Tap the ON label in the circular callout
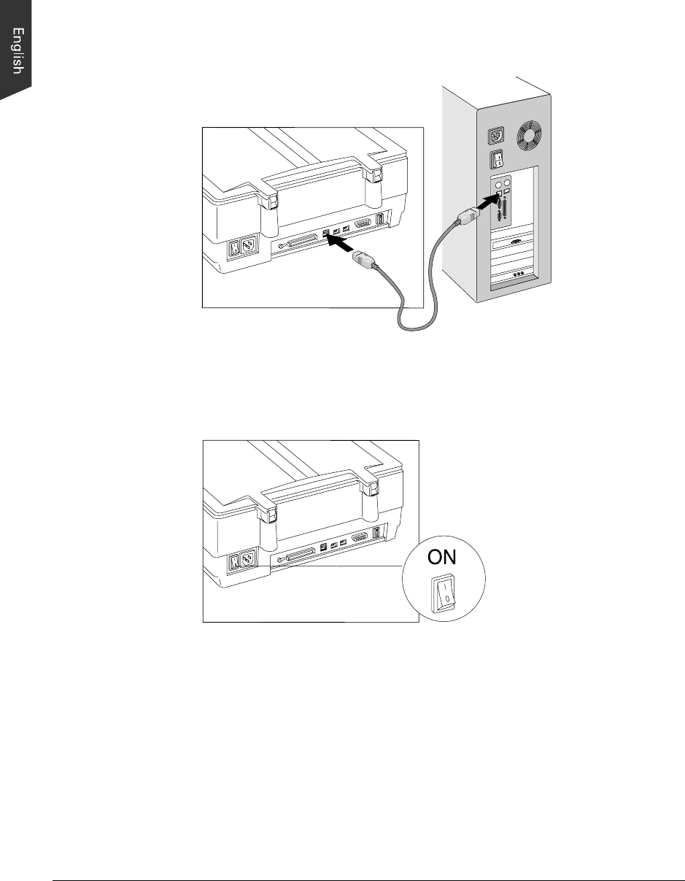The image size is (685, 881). click(x=442, y=557)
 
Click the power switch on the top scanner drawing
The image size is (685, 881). click(x=235, y=249)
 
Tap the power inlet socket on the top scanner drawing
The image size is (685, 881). click(x=248, y=248)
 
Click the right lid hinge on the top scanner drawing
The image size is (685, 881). click(x=374, y=176)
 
